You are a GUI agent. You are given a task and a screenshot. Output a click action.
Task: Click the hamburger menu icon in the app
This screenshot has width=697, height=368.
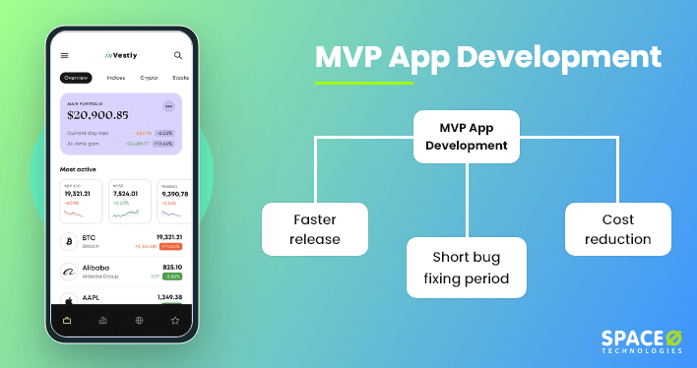point(65,56)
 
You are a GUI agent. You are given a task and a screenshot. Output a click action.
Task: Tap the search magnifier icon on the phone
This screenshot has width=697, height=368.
point(178,56)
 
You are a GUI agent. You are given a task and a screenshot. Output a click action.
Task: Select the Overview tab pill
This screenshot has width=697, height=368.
point(75,77)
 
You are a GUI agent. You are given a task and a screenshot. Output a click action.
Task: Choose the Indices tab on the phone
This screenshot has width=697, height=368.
point(115,77)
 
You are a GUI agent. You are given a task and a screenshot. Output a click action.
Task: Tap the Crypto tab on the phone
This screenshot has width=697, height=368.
point(149,77)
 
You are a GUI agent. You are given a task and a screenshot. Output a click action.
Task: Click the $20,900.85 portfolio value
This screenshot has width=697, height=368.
point(97,115)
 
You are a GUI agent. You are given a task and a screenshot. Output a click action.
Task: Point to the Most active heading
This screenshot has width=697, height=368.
point(80,168)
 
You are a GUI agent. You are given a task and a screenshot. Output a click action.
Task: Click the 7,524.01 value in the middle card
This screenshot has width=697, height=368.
point(124,195)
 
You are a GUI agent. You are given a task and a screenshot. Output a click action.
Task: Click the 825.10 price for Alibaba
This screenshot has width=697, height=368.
point(172,267)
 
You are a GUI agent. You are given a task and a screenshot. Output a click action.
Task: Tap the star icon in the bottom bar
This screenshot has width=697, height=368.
point(175,320)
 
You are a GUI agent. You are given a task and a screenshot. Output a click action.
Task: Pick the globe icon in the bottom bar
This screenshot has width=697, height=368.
point(139,320)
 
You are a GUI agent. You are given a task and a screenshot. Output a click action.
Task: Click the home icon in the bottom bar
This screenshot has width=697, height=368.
point(67,320)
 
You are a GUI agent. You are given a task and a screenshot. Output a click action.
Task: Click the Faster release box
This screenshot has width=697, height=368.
point(315,229)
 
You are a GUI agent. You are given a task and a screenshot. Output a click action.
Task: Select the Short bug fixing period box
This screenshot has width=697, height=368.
point(467,266)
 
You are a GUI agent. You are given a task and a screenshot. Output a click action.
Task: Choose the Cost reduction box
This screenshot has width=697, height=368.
point(618,229)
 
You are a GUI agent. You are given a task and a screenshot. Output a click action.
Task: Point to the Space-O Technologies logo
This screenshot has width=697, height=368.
point(641,340)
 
